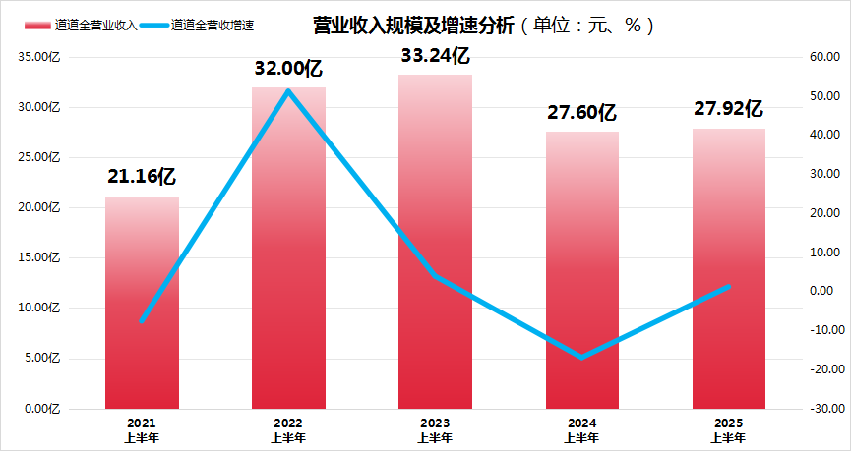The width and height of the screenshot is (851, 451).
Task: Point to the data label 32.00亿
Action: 288,69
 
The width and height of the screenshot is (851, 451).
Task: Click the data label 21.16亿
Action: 142,178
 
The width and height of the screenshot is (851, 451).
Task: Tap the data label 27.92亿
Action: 729,109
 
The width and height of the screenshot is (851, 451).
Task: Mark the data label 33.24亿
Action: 435,56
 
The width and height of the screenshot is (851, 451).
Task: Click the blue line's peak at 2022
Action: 288,91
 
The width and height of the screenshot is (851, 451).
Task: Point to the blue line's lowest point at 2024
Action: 581,357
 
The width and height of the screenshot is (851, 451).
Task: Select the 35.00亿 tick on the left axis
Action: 40,57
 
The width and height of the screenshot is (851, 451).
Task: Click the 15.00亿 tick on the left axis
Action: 40,257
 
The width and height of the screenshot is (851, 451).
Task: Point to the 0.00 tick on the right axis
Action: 824,291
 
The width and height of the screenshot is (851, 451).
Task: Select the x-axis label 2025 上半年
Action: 729,429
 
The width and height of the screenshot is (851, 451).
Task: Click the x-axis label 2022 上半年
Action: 288,429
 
